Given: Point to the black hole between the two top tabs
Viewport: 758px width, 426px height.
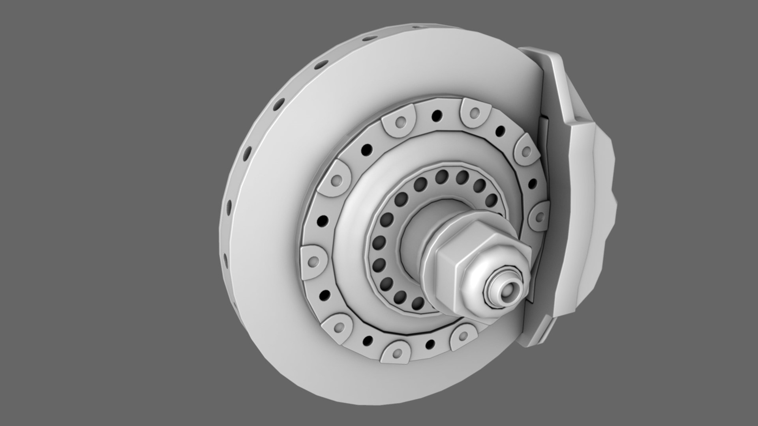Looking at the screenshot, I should (x=437, y=116).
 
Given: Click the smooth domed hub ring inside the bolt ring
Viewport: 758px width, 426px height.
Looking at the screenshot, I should (x=351, y=237).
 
